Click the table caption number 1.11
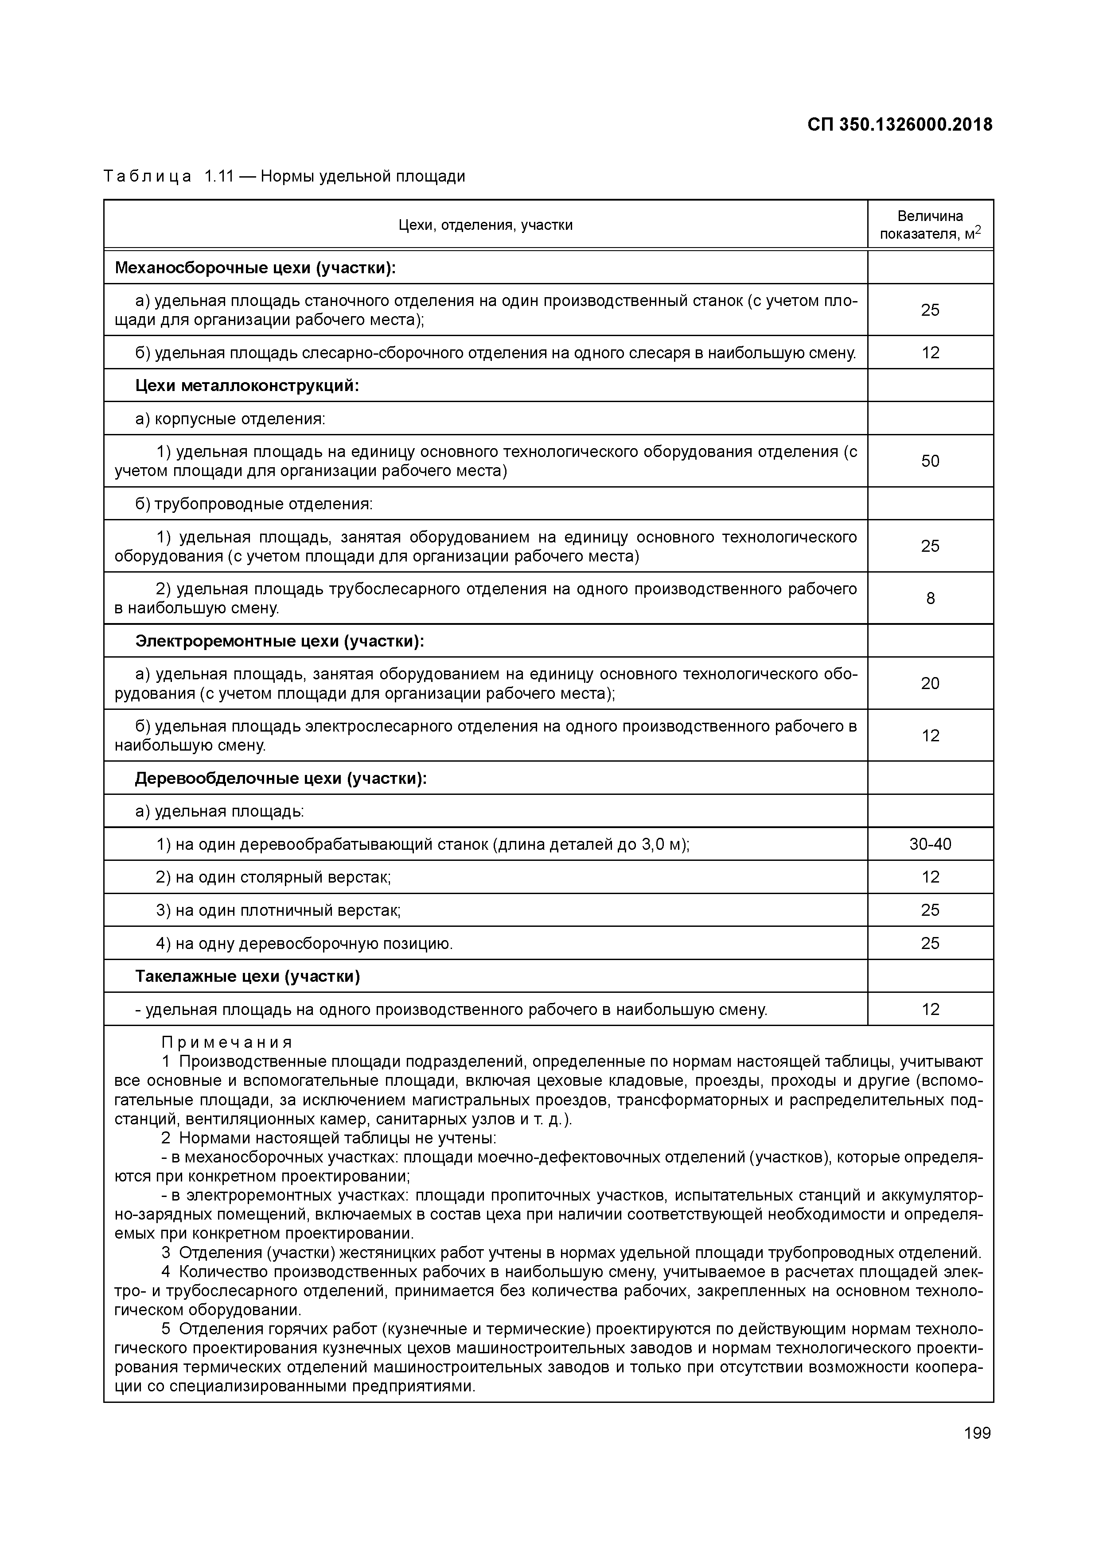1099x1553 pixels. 218,177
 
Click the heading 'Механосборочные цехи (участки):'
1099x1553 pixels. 255,268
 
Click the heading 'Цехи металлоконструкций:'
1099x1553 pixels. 247,386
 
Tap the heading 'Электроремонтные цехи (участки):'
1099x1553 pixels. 280,640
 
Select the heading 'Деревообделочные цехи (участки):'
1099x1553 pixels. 281,778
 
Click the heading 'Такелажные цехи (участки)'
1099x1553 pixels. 248,976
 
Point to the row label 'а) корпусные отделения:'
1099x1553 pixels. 230,418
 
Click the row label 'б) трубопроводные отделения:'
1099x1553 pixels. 254,504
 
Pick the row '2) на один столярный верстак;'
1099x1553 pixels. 273,877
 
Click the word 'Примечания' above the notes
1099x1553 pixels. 227,1042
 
